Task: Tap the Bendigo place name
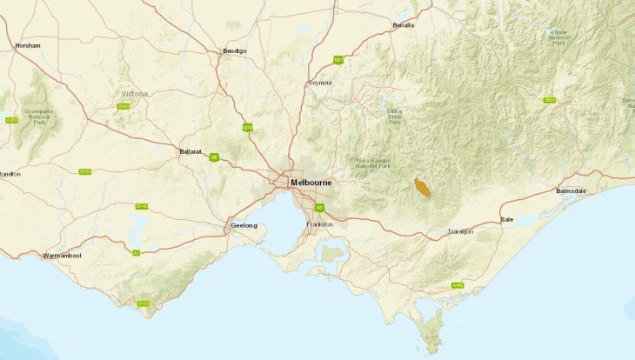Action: [235, 51]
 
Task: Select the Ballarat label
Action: [191, 150]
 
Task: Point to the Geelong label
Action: [244, 225]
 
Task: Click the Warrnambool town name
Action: [63, 256]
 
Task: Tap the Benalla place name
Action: [404, 25]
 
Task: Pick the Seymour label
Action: [320, 83]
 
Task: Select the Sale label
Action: [507, 220]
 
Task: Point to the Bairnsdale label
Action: [574, 190]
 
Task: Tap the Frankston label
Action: [320, 224]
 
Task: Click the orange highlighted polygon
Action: [423, 188]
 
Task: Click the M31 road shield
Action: [338, 60]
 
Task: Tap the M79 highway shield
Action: [248, 128]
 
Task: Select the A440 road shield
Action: [458, 285]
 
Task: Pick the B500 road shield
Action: [549, 101]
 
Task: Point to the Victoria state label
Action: [135, 93]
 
